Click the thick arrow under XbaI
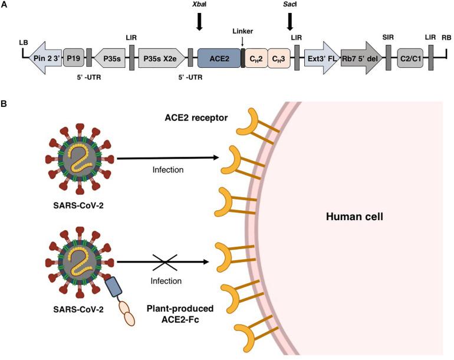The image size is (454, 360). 199,21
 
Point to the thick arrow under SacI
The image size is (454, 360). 289,21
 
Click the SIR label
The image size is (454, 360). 389,38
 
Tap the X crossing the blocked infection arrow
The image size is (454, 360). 162,261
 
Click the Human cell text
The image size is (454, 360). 356,217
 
